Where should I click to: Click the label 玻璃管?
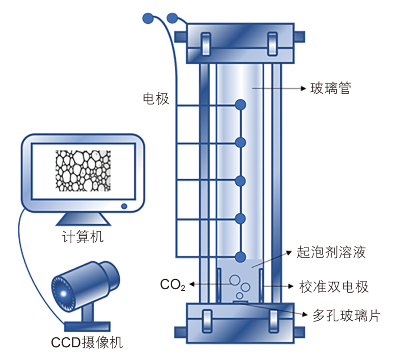pyautogui.click(x=331, y=88)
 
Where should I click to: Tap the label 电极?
pyautogui.click(x=156, y=98)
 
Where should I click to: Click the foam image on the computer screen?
pyautogui.click(x=83, y=171)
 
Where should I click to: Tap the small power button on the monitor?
pyautogui.click(x=124, y=206)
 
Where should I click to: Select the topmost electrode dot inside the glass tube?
pyautogui.click(x=241, y=105)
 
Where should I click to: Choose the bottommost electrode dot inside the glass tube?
pyautogui.click(x=241, y=256)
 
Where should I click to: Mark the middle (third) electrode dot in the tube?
pyautogui.click(x=241, y=181)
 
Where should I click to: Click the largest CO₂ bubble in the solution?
pyautogui.click(x=235, y=280)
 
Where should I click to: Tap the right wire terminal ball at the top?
pyautogui.click(x=173, y=18)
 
